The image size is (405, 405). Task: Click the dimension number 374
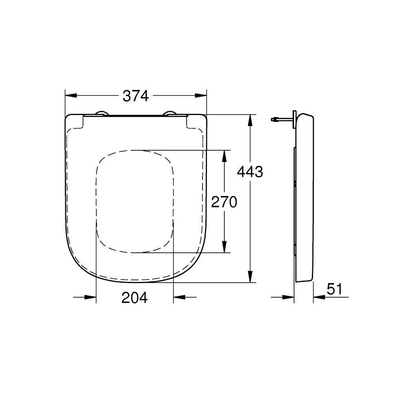click(x=136, y=96)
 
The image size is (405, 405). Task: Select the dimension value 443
click(x=250, y=172)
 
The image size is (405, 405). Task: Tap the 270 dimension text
click(x=224, y=201)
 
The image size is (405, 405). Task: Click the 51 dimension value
click(x=335, y=289)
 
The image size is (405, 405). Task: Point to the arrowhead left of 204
click(x=91, y=297)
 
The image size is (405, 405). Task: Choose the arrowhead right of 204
click(x=179, y=297)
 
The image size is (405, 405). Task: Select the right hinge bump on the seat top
click(x=170, y=114)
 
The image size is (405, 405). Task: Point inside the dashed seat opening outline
click(x=135, y=201)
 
